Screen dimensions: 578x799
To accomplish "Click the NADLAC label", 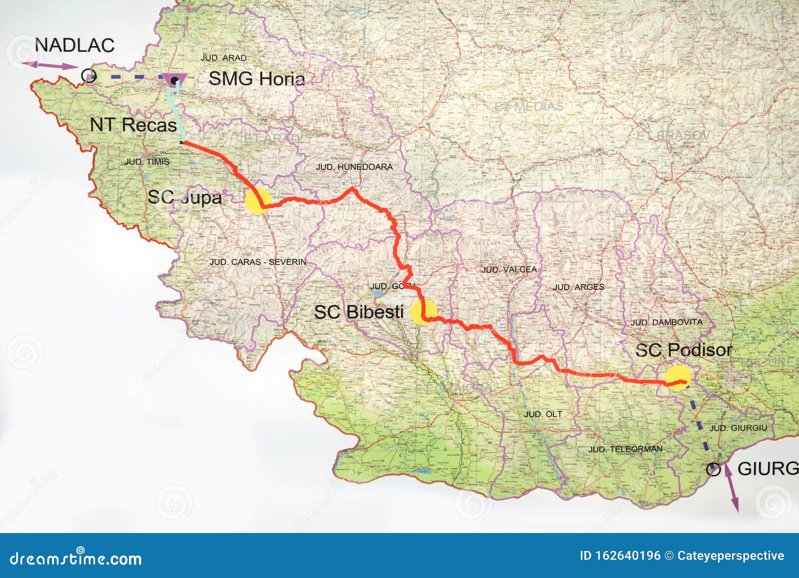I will coord(74,45).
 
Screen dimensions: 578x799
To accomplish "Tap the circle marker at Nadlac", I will coord(89,76).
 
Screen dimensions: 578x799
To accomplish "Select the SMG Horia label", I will coord(256,78).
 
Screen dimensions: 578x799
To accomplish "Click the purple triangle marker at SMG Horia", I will coord(174,80).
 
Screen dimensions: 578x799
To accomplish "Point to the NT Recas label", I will coord(133,125).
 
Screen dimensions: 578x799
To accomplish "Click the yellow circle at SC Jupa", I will coord(258,201).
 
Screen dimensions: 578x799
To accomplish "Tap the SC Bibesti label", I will coord(359,312).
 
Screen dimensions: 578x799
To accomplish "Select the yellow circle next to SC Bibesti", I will coord(423,312).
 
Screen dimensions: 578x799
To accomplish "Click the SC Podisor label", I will coord(683,350).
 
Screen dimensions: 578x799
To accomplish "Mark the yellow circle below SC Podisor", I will coord(678,378).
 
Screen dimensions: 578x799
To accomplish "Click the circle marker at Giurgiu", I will coord(714,470).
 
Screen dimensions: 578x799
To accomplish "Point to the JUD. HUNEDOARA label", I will coord(354,167).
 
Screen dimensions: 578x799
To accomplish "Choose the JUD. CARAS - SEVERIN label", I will coord(258,262).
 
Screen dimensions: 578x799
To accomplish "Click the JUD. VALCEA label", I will coord(509,269).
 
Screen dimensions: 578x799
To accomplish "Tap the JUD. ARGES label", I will coord(578,287).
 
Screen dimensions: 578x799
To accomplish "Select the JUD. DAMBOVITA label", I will coord(666,322).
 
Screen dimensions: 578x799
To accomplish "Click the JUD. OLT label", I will coord(543,414).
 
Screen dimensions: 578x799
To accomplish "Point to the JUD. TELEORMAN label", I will coord(625,449).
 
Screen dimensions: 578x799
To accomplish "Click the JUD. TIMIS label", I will coord(147,162).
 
